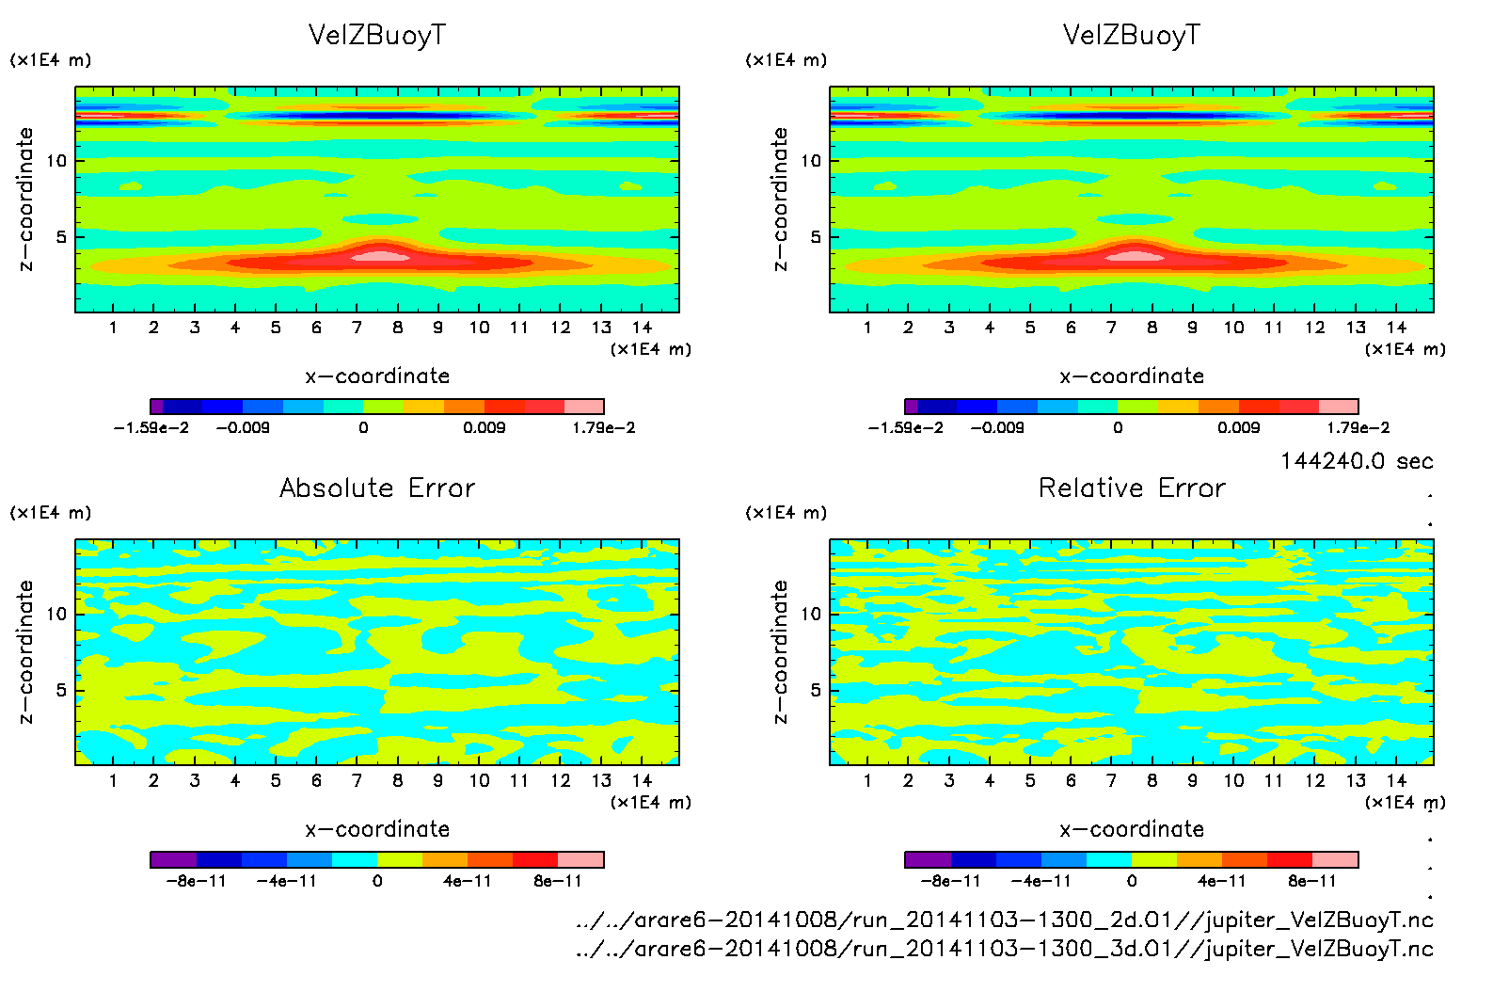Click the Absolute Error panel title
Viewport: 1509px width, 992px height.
(x=377, y=488)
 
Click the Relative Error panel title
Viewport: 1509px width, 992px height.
(x=1132, y=488)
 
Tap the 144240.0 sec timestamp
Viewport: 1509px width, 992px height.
(x=1357, y=461)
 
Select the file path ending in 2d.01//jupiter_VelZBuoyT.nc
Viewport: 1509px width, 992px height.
(x=1004, y=920)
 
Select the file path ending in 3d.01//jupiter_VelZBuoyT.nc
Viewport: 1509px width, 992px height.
(x=1004, y=948)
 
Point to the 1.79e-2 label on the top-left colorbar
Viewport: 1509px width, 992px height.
(x=604, y=427)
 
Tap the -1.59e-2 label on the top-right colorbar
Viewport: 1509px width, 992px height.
(x=905, y=427)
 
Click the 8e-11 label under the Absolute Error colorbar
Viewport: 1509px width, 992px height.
(x=558, y=881)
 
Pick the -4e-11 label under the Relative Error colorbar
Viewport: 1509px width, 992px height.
(x=1040, y=881)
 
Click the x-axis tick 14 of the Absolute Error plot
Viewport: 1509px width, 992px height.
(x=642, y=780)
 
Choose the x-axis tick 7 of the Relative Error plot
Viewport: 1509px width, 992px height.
(x=1111, y=780)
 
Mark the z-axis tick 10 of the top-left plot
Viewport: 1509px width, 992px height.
(x=56, y=161)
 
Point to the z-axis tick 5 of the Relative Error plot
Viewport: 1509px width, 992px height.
(x=815, y=690)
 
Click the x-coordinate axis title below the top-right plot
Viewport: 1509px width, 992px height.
(x=1132, y=376)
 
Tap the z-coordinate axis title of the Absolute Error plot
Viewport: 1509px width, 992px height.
(x=25, y=651)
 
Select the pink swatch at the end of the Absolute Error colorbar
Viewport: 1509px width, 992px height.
(x=580, y=859)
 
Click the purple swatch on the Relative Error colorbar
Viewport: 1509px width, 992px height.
(x=928, y=859)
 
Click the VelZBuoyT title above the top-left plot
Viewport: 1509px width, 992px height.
(x=377, y=36)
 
